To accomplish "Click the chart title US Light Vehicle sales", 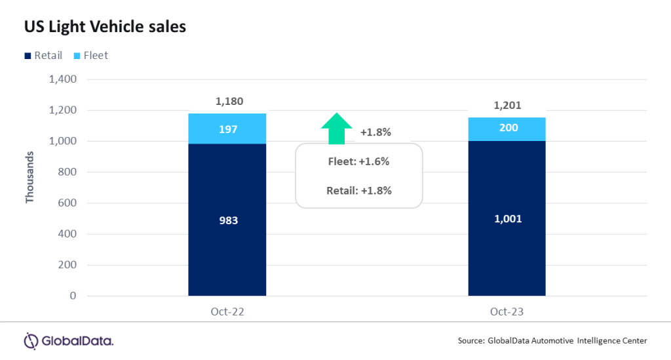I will pos(105,28).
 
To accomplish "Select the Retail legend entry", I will pos(43,56).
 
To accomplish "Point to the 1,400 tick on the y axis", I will pos(63,79).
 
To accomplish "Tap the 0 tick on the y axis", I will pos(73,296).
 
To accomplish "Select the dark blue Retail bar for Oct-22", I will pos(227,220).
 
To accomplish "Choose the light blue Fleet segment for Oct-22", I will pos(227,129).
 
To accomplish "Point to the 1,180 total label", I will pos(229,102).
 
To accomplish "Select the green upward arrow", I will pos(337,129).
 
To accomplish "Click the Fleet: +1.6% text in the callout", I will pos(359,161).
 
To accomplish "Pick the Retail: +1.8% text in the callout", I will pos(359,191).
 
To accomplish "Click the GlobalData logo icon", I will pos(31,341).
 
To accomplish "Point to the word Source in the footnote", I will pos(471,341).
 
